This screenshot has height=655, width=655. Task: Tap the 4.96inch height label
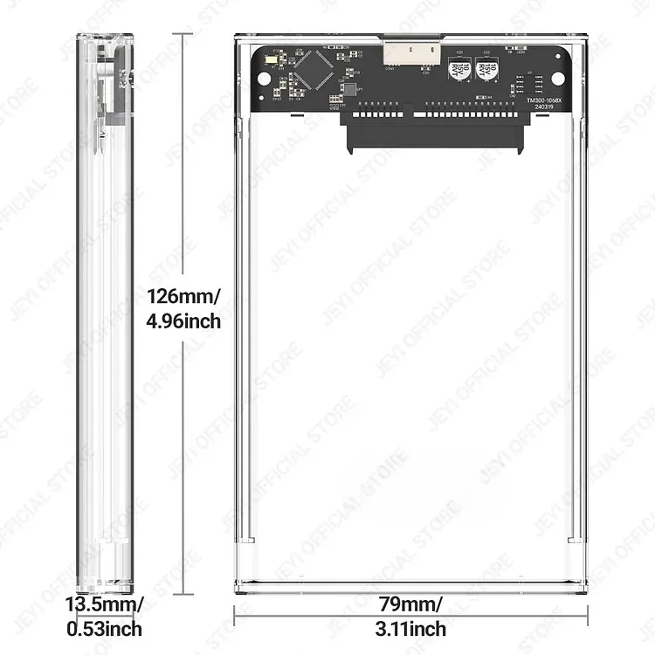[x=183, y=321]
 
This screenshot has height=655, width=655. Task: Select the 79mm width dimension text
[x=410, y=604]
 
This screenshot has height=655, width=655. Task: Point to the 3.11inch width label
[x=410, y=629]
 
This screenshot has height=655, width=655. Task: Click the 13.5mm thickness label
[x=104, y=604]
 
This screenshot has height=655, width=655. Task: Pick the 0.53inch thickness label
[x=104, y=629]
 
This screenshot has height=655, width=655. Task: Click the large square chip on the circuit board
[x=314, y=69]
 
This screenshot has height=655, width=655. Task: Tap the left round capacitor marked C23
[x=458, y=72]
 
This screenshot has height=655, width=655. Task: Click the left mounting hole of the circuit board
[x=264, y=79]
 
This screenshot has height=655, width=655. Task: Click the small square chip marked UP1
[x=349, y=88]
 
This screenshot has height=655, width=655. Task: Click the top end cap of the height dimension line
[x=183, y=35]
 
